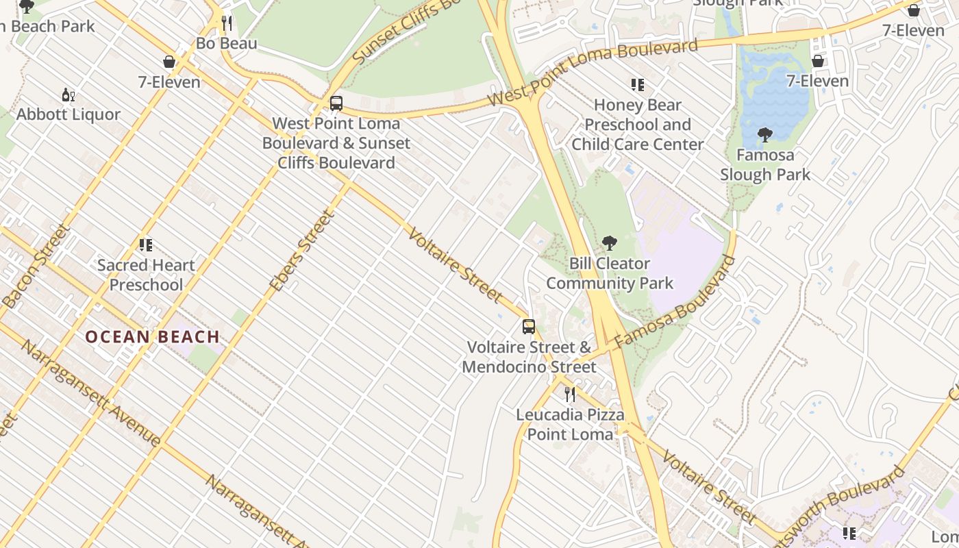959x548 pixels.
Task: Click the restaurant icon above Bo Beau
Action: click(x=227, y=23)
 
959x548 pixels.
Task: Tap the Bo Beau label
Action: click(x=227, y=44)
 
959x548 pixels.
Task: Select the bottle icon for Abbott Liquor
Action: click(x=68, y=95)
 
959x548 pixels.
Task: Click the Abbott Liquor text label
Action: click(x=68, y=114)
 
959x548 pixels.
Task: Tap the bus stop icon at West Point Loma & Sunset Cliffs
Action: click(x=336, y=103)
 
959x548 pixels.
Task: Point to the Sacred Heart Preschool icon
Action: click(x=145, y=245)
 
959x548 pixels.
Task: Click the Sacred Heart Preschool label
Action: click(x=146, y=275)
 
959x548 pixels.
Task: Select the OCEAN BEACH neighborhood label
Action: click(x=152, y=337)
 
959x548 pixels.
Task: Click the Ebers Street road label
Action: click(x=302, y=251)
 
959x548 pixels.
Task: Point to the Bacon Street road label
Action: click(x=38, y=265)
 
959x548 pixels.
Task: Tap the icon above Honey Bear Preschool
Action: click(x=638, y=85)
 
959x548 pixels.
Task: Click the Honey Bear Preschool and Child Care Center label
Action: click(x=638, y=125)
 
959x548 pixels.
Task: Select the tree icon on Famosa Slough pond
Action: click(x=765, y=135)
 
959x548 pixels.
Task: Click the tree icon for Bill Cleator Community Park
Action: click(x=609, y=243)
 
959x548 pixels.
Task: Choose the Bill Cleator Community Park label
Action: click(x=610, y=273)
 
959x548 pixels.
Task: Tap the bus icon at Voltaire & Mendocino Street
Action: click(x=528, y=326)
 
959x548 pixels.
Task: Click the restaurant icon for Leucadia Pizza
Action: click(x=569, y=395)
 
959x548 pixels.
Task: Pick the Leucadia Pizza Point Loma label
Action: click(x=570, y=425)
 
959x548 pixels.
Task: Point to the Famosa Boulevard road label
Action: click(x=675, y=302)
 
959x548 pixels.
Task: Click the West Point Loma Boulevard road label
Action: click(x=593, y=72)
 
